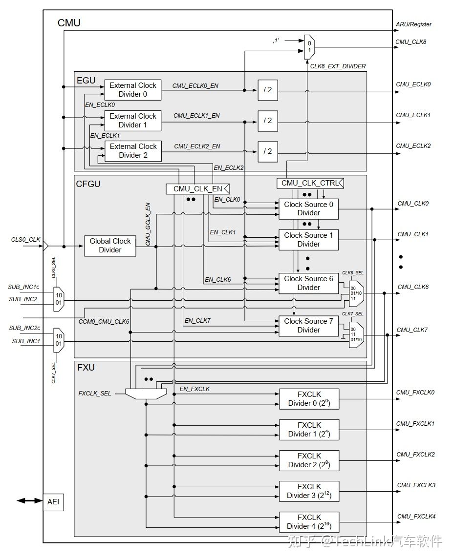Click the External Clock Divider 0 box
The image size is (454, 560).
pos(133,89)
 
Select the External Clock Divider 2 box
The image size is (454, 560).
pos(133,150)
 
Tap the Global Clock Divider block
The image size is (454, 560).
pos(110,246)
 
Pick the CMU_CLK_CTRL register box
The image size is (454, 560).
pos(310,183)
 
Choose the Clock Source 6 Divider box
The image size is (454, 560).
pos(308,283)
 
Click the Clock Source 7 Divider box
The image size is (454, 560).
pos(308,326)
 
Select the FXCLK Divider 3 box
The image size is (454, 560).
pos(309,491)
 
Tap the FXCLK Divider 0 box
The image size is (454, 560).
pos(309,399)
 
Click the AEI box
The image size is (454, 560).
pos(53,501)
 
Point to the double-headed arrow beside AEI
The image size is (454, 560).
pos(29,501)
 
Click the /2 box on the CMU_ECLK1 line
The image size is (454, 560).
pos(267,120)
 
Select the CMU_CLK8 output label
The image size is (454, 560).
pos(411,42)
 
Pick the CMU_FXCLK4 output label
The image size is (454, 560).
pos(415,516)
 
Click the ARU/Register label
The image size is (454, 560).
pos(413,24)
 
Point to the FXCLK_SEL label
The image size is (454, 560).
pos(95,393)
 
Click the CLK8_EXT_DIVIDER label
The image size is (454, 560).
pos(338,66)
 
